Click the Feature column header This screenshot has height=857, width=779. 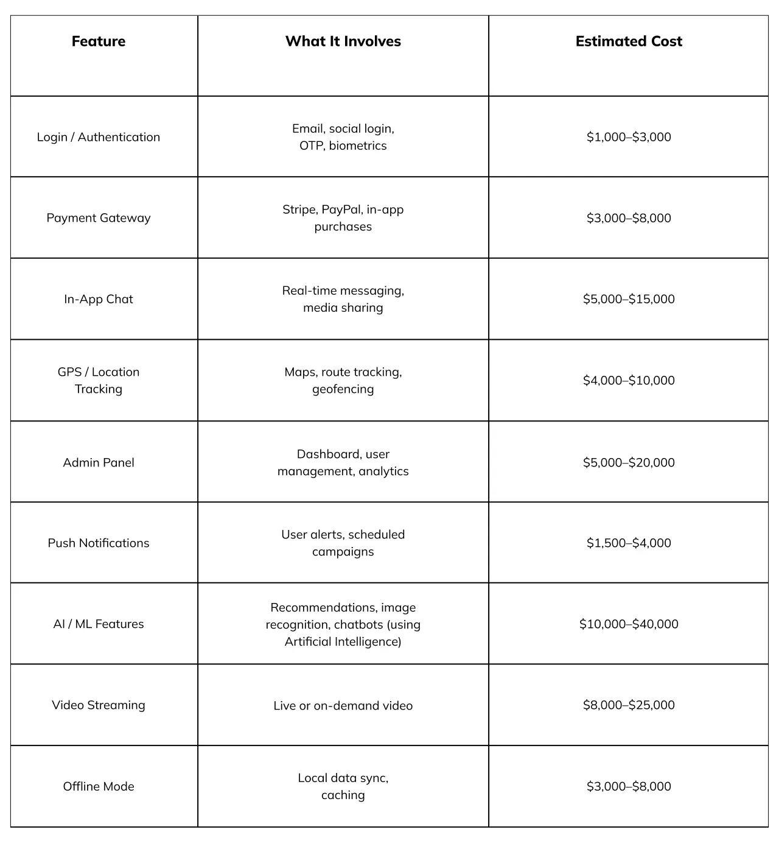coord(99,41)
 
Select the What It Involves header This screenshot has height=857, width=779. coord(343,41)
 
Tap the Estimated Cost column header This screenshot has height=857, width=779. coord(629,41)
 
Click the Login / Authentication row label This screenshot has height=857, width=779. coord(99,137)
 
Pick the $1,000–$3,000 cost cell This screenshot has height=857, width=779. coord(629,137)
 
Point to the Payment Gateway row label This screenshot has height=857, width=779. coord(99,218)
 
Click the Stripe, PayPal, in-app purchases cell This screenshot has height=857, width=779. coord(343,218)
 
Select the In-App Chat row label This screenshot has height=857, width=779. coord(99,299)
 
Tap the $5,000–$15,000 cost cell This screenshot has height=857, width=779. coord(629,299)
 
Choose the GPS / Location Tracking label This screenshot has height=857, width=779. coord(99,381)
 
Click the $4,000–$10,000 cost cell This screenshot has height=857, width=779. coord(629,381)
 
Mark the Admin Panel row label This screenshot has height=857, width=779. coord(99,462)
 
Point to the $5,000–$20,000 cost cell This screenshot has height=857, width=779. coord(629,462)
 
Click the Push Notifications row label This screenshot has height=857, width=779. coord(99,543)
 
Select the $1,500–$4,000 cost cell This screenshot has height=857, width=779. coord(629,543)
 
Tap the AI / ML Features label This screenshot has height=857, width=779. coord(99,624)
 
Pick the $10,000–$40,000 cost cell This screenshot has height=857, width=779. coord(629,624)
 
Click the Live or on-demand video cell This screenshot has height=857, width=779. coord(343,706)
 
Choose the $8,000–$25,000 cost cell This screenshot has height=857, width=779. coord(629,705)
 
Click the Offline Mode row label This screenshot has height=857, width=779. coord(99,786)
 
